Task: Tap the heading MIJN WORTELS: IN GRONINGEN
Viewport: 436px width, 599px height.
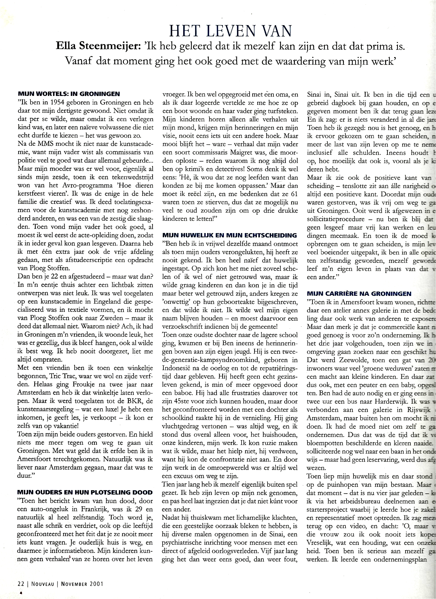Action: (69, 94)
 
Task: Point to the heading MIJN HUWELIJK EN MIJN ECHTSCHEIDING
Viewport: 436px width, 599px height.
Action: (230, 236)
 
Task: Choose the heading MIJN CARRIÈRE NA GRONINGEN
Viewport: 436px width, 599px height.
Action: (359, 294)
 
